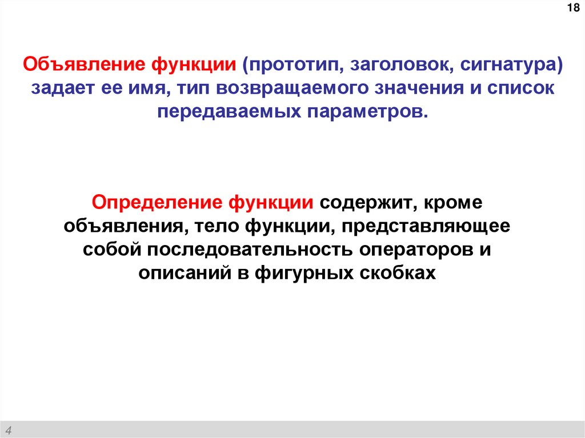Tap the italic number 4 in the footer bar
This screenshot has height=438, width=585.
(11, 429)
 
